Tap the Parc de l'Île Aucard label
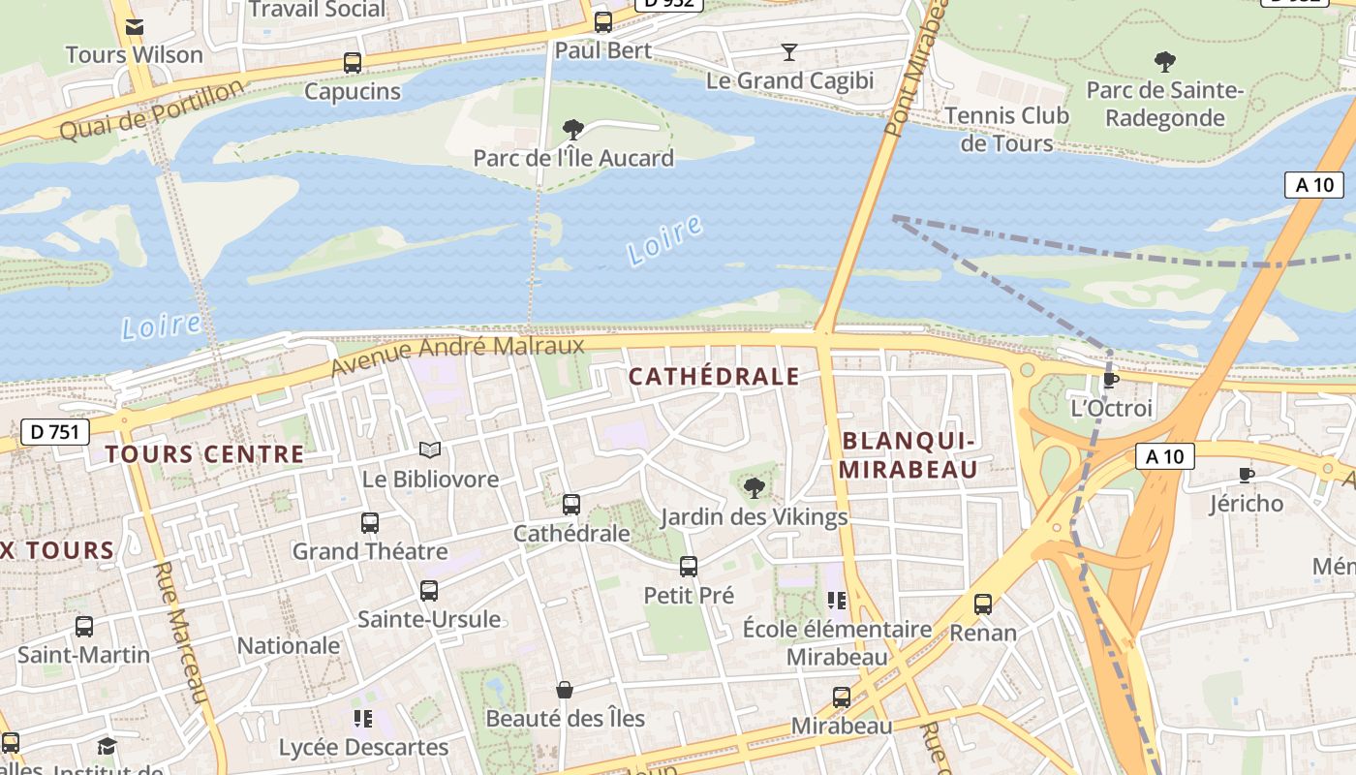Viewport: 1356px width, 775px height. click(x=573, y=158)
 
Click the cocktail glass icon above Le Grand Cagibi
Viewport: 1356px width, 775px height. click(x=789, y=51)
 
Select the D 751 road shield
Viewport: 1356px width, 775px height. click(x=55, y=432)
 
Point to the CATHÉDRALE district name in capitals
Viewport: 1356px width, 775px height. click(x=715, y=377)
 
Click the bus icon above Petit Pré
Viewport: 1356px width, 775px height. click(x=689, y=567)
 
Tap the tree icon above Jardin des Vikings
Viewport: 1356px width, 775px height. click(x=754, y=488)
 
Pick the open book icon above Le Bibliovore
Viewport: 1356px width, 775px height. click(x=430, y=450)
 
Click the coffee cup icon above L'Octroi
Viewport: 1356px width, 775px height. click(x=1110, y=380)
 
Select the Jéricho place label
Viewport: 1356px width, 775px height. click(x=1246, y=503)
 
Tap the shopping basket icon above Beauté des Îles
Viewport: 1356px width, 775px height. click(x=565, y=690)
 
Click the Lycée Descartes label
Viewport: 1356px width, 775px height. click(x=363, y=748)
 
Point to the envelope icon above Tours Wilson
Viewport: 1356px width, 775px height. click(x=135, y=26)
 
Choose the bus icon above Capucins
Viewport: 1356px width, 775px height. click(x=353, y=63)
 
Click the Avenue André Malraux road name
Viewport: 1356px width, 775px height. click(x=457, y=356)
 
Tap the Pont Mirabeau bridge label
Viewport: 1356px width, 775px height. click(x=915, y=67)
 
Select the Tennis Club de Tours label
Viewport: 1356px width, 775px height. click(x=1006, y=129)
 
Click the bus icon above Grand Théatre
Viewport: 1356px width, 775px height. click(x=370, y=523)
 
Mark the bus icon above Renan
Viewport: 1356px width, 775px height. click(x=983, y=604)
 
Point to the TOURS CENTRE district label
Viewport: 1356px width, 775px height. click(x=204, y=454)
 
